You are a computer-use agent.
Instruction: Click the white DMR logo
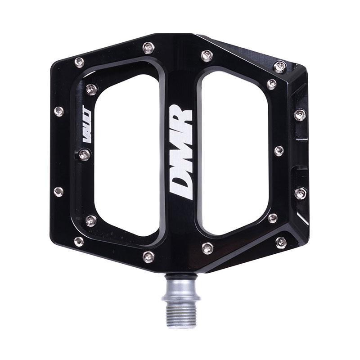pos(181,152)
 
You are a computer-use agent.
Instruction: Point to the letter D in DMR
pos(181,185)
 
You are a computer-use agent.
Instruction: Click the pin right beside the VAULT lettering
pos(84,154)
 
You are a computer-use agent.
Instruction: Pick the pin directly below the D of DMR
pos(207,247)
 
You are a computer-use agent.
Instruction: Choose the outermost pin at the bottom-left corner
pos(79,242)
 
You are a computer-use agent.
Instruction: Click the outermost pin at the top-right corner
pos(279,67)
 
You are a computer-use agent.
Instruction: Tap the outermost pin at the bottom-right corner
pos(281,242)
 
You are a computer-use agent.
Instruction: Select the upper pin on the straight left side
pos(58,111)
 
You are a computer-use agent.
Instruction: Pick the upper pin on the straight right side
pos(300,114)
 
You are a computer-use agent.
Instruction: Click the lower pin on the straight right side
pos(301,193)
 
